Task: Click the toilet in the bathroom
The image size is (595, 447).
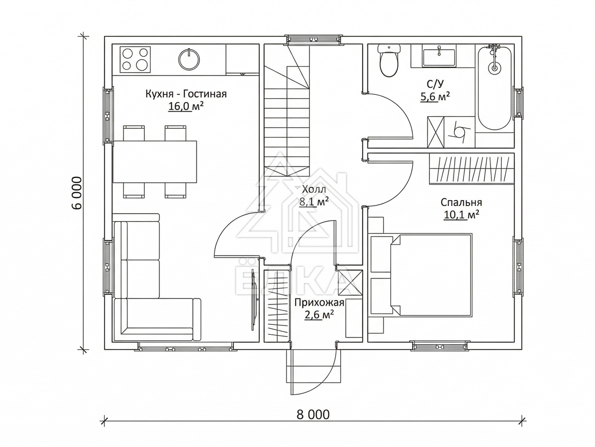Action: (389, 61)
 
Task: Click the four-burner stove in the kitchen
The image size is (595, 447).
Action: (135, 59)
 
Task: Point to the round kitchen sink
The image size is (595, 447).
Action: (188, 58)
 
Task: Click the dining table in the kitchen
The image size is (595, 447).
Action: (155, 162)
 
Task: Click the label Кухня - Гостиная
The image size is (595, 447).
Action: (186, 94)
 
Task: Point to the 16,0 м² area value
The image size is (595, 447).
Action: (185, 107)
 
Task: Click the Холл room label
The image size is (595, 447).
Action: (314, 189)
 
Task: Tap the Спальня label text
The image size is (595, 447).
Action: (461, 203)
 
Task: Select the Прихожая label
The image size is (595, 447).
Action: (319, 302)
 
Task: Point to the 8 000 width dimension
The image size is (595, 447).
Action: (313, 414)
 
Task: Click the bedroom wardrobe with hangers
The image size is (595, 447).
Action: (472, 169)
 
